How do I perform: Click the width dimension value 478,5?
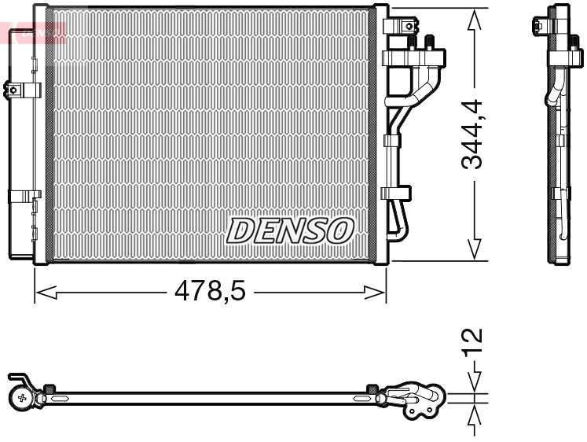210,292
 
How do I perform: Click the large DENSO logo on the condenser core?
290,230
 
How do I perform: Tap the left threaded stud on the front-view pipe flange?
410,42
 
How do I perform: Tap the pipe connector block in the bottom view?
412,397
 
